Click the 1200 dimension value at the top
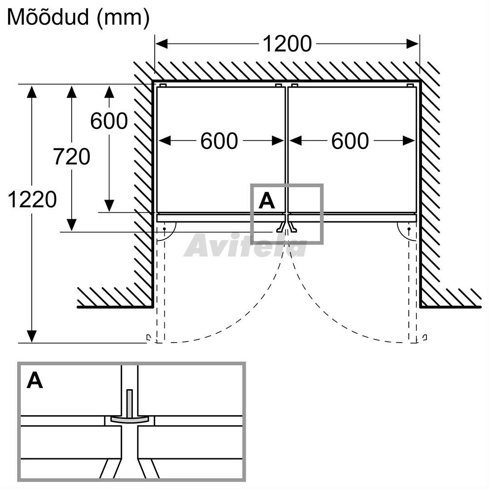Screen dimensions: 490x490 click(x=287, y=44)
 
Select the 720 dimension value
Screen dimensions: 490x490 click(x=72, y=156)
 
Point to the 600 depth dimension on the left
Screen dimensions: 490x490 click(x=109, y=121)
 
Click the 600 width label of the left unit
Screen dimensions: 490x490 click(x=219, y=141)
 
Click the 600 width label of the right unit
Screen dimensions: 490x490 click(x=350, y=141)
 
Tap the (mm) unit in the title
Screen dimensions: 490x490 click(x=123, y=18)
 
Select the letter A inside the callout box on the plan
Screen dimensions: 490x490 click(x=267, y=201)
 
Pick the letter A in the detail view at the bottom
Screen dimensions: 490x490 click(x=34, y=380)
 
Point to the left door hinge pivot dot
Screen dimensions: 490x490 click(x=164, y=229)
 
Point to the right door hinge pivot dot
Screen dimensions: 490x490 click(x=409, y=229)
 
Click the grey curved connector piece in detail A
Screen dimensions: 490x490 click(x=129, y=419)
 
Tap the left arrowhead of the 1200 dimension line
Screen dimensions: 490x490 click(x=162, y=44)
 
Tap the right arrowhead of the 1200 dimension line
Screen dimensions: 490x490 click(x=412, y=44)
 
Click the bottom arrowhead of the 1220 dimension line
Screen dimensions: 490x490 click(x=32, y=336)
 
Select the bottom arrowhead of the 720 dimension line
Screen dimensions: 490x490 click(x=72, y=225)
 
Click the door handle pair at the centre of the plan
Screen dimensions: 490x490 click(x=287, y=227)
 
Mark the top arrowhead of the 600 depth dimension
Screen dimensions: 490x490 click(x=109, y=92)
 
